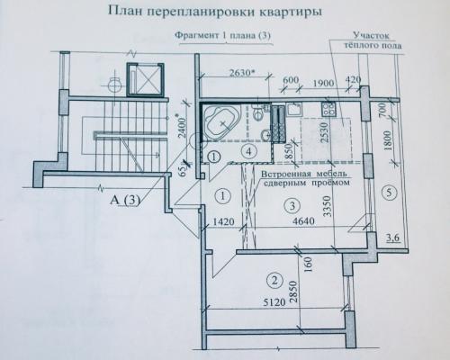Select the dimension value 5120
pyautogui.click(x=274, y=302)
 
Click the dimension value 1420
pyautogui.click(x=223, y=222)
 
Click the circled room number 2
pyautogui.click(x=274, y=281)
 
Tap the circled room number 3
pyautogui.click(x=292, y=205)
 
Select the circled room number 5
pyautogui.click(x=389, y=193)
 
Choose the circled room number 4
pyautogui.click(x=248, y=151)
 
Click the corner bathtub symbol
pyautogui.click(x=221, y=122)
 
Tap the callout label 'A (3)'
pyautogui.click(x=125, y=200)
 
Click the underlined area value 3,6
pyautogui.click(x=392, y=238)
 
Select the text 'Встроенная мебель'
pyautogui.click(x=304, y=174)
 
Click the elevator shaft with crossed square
pyautogui.click(x=145, y=80)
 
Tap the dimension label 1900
pyautogui.click(x=323, y=82)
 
